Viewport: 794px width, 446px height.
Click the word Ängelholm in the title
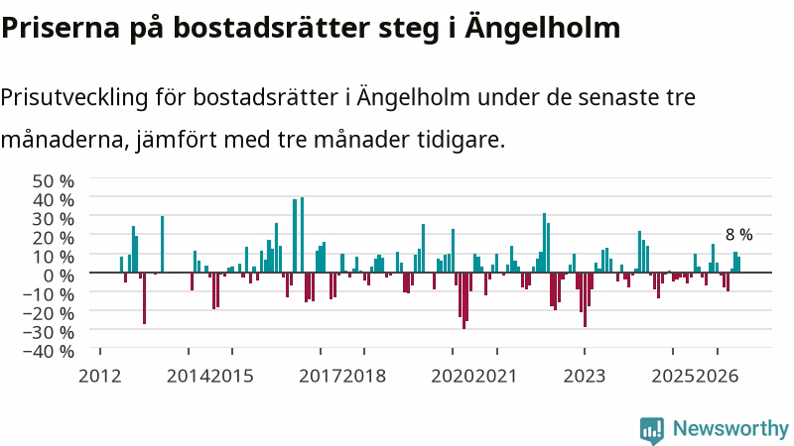point(542,28)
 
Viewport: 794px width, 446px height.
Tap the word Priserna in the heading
point(61,29)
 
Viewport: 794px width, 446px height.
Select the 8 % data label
point(738,235)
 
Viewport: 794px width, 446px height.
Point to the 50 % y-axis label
point(54,181)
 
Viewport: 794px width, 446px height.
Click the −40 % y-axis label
point(49,351)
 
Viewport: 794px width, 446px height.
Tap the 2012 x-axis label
point(100,377)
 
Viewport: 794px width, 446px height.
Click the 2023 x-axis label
point(585,377)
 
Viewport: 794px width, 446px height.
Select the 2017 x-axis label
point(320,377)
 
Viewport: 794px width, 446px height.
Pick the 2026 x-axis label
point(717,377)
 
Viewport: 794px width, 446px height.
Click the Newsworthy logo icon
point(652,431)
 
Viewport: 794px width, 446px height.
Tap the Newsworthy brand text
point(730,429)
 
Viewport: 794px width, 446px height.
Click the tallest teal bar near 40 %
point(303,235)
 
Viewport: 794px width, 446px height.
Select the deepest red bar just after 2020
point(463,300)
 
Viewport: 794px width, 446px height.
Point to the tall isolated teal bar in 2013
point(163,244)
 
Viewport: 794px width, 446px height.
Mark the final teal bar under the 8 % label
point(738,265)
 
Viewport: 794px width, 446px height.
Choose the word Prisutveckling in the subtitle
point(74,97)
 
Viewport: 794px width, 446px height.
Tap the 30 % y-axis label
point(54,219)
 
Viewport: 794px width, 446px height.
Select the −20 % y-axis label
point(49,313)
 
